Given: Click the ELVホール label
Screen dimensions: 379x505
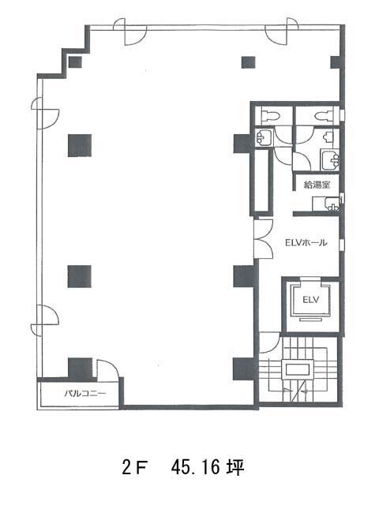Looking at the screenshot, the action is coord(306,242).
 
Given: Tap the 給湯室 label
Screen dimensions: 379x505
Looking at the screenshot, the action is coord(317,185).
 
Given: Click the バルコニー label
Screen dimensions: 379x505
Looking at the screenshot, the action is coord(85,393).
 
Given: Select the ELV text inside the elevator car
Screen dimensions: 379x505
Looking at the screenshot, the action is coord(310,300).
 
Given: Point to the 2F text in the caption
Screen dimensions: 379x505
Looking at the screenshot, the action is coord(135,468).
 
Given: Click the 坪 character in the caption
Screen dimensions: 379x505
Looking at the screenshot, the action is coord(235,467).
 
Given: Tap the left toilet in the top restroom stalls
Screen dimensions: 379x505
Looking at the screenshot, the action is coord(271,116).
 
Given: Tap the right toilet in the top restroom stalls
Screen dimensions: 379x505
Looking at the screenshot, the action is coord(323,116).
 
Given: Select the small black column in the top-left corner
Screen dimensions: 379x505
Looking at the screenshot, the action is coord(75,62).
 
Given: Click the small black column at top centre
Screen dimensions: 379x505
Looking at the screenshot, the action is coord(249,62).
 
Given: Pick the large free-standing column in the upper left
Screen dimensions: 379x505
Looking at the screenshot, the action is coord(80,145).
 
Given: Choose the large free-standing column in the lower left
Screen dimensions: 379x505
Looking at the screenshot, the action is coord(80,276).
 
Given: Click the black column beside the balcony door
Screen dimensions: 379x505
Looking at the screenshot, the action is coord(81,368).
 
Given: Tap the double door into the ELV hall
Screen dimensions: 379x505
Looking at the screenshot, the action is coord(264,238).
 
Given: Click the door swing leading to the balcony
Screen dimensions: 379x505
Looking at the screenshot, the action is coord(108,371).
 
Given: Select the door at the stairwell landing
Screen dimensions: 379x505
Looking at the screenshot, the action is coord(269,343).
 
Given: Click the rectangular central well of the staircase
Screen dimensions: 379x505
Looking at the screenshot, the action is coord(298,369).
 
